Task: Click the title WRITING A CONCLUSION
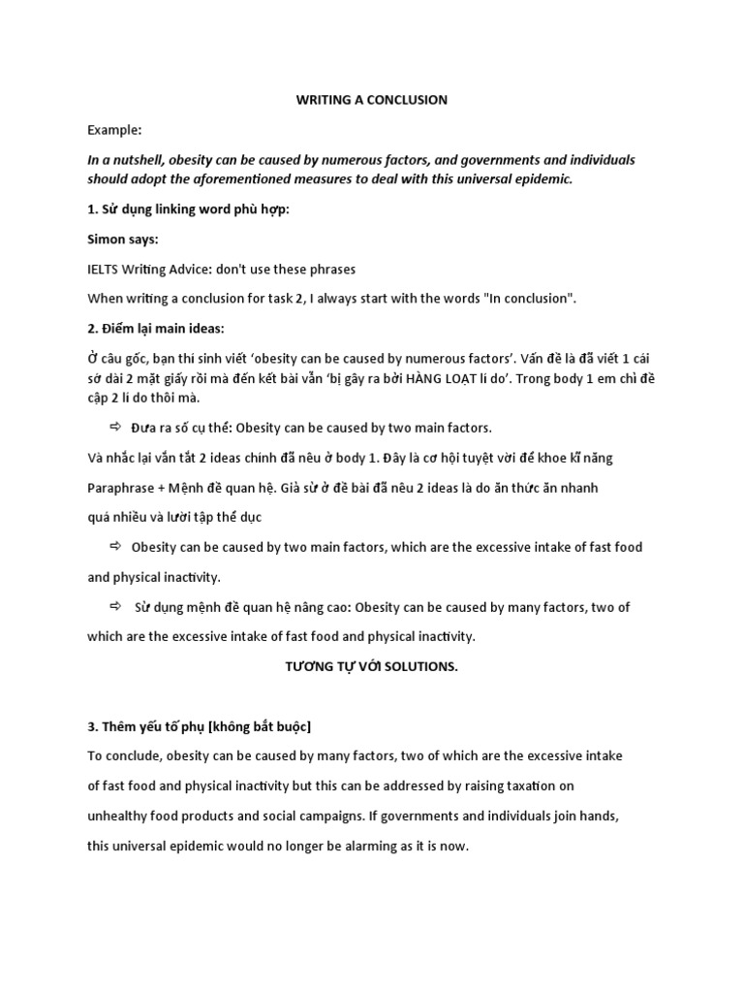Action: coord(371,99)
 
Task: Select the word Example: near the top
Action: coord(114,129)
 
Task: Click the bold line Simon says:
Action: coord(123,239)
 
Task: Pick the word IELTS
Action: coord(105,269)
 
